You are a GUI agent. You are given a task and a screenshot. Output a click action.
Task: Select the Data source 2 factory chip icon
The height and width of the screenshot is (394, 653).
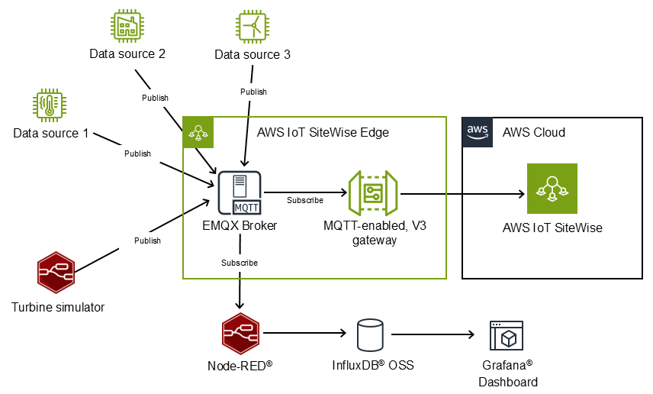(x=127, y=26)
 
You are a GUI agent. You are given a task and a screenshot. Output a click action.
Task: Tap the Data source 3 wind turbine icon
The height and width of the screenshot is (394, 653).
(x=253, y=27)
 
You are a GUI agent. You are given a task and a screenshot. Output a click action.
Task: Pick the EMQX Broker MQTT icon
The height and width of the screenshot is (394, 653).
(x=240, y=193)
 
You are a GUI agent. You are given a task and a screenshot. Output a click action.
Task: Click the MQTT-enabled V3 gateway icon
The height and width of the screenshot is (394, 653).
(x=375, y=194)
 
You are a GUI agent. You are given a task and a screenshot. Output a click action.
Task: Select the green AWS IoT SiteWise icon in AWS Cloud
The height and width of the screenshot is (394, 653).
(x=552, y=189)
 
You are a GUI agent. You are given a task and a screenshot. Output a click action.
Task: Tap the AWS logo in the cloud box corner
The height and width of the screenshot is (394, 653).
(x=478, y=132)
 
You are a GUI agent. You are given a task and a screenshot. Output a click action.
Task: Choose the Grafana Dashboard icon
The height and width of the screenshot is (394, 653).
(x=507, y=335)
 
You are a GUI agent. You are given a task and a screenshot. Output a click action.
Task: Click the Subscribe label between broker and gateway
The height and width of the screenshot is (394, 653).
(x=305, y=201)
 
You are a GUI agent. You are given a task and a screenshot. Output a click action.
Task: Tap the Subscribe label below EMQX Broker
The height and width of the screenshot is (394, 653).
(x=240, y=263)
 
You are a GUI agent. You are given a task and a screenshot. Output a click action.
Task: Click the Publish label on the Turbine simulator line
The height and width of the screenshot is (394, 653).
(x=147, y=241)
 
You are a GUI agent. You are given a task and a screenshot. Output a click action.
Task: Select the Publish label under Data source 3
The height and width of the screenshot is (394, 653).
(x=253, y=92)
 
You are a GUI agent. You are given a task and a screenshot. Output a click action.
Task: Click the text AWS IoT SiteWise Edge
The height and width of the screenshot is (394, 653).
(x=323, y=133)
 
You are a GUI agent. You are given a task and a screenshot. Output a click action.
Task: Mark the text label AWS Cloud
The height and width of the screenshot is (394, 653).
(x=533, y=133)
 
